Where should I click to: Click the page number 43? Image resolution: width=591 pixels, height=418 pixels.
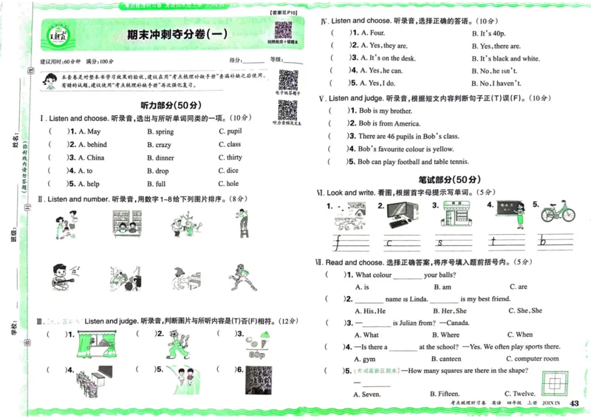tap(576, 402)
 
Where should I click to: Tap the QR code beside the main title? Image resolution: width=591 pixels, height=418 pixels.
tap(283, 31)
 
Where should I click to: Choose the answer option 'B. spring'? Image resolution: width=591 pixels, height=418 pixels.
tap(160, 132)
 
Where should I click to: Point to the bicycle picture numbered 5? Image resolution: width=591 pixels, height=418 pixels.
tap(558, 212)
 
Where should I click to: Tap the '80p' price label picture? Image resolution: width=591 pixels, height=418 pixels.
tap(257, 346)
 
